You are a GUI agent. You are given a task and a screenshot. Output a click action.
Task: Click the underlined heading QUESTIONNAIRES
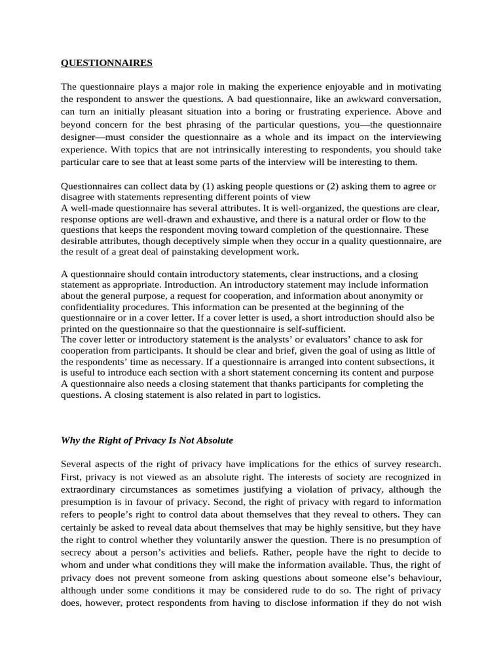pos(106,63)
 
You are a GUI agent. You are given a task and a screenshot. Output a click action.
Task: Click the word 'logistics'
pos(297,395)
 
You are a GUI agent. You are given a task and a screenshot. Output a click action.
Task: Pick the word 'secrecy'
pos(80,552)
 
